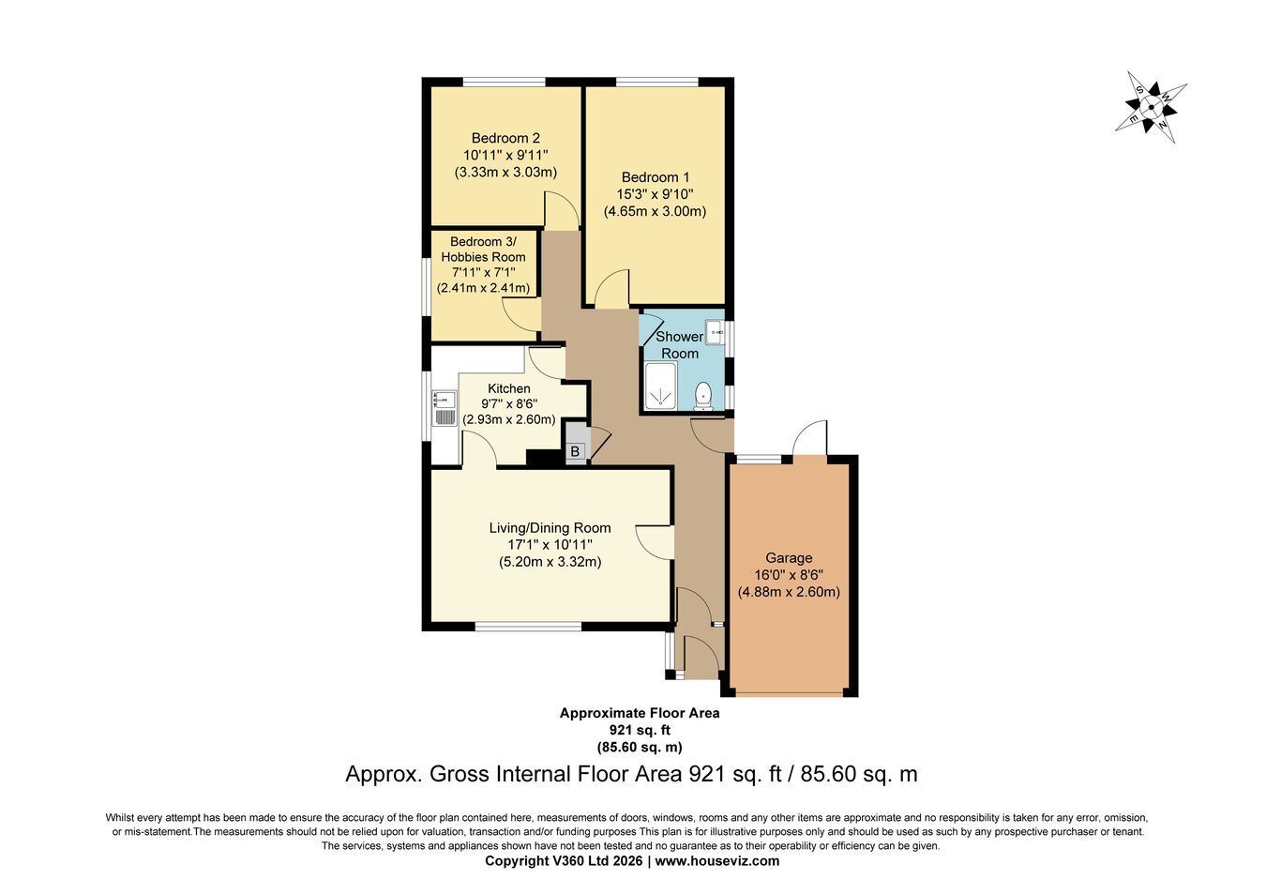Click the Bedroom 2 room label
[505, 138]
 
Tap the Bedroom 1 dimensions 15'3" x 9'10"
[656, 194]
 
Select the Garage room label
[789, 558]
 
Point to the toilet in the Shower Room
[703, 396]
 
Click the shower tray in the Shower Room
[661, 385]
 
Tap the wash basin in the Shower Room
[716, 331]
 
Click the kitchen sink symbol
[445, 408]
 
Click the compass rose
[1151, 107]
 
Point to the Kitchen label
[508, 388]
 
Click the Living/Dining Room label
[550, 528]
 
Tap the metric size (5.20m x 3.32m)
[550, 562]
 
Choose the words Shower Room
[679, 345]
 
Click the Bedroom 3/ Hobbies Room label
[483, 250]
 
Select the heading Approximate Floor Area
[640, 713]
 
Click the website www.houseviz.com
[717, 861]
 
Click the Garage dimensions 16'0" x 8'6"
[789, 575]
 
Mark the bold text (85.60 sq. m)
[640, 748]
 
